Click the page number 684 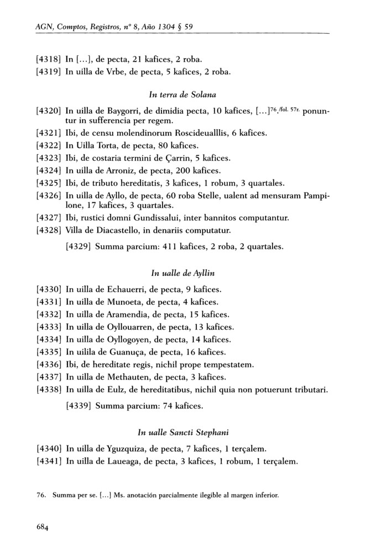43,527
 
